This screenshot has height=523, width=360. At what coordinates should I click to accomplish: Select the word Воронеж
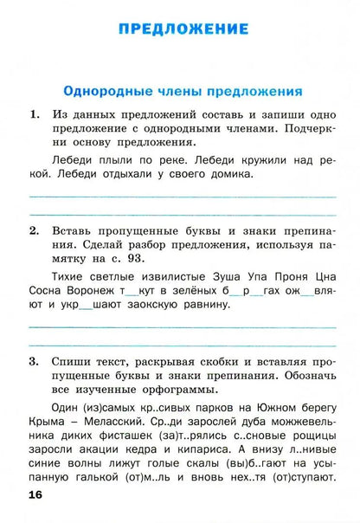tap(97, 291)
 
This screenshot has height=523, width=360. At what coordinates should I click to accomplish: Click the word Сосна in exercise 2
tap(46, 291)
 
